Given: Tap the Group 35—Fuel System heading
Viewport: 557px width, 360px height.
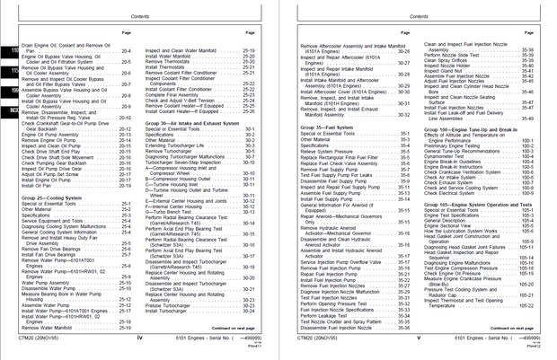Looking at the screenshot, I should [329, 129].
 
